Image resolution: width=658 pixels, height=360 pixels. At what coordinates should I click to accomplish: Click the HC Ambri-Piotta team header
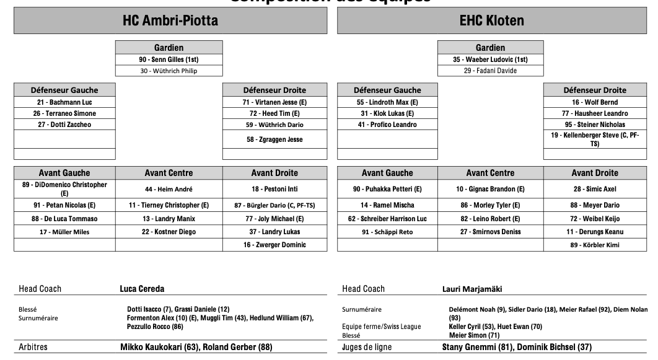pos(170,21)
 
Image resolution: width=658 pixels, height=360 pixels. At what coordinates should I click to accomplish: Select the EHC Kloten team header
pos(492,21)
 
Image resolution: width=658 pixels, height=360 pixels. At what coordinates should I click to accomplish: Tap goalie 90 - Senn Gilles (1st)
pos(169,59)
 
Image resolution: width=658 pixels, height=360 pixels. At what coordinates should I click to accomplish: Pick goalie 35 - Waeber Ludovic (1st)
pos(490,59)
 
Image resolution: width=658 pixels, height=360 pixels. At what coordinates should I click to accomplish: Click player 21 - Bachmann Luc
pos(64,102)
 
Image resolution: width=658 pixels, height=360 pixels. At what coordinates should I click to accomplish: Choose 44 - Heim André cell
pos(169,189)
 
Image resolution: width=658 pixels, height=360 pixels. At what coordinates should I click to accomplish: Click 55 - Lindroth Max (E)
pos(387,102)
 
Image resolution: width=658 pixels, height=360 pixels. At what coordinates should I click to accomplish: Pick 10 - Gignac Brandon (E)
pos(490,189)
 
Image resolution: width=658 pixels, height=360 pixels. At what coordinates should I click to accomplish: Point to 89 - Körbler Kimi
pos(595,245)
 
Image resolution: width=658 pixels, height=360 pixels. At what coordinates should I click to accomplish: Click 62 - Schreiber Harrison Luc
pos(387,219)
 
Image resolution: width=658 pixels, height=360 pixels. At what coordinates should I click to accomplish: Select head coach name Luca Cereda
pos(142,289)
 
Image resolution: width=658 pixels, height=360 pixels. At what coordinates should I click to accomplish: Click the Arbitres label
pos(33,348)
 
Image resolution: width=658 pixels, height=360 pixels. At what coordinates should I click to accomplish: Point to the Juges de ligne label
pos(367,348)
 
